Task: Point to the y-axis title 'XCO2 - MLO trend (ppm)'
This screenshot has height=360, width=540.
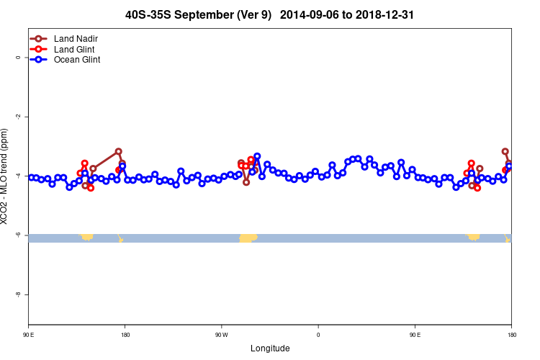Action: click(x=5, y=176)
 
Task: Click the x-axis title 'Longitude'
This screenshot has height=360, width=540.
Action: click(x=270, y=348)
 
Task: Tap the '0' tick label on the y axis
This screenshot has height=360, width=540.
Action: click(x=18, y=58)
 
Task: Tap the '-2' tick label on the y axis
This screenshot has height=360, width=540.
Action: click(x=18, y=117)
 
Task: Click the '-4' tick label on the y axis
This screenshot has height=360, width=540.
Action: click(x=18, y=176)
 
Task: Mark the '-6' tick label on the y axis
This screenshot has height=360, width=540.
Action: click(x=18, y=235)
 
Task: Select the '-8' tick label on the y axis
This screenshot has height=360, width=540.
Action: click(x=18, y=294)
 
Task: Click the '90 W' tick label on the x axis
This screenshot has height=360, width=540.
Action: click(x=221, y=334)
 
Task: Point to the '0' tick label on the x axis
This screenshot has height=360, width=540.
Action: click(x=318, y=334)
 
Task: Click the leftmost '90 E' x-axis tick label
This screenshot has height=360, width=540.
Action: click(x=28, y=334)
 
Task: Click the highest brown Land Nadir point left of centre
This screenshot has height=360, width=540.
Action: click(x=118, y=151)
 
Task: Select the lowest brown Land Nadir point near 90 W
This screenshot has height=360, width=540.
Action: click(x=246, y=182)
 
